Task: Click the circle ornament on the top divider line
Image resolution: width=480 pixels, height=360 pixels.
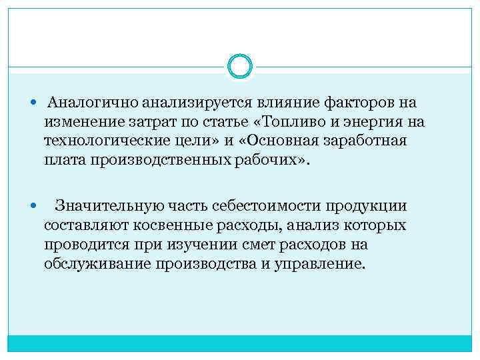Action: coord(239,66)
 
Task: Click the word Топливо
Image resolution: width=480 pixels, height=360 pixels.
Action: coord(301,123)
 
